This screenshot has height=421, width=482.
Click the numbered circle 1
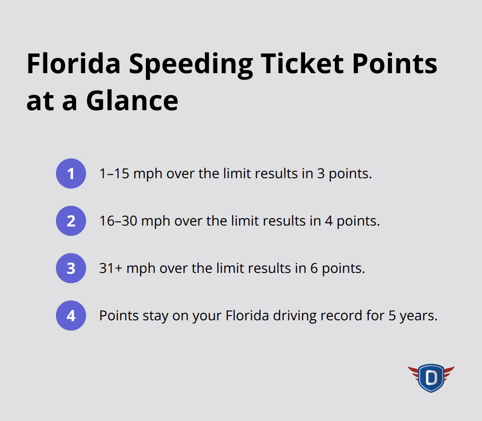tap(71, 173)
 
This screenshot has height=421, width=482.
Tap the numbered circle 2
tap(71, 221)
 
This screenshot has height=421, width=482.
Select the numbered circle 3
tap(71, 268)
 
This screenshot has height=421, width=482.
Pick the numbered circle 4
tap(71, 316)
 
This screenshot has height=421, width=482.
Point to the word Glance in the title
tap(132, 100)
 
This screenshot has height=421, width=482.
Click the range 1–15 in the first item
tap(114, 173)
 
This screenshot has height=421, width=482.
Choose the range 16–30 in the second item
tap(118, 221)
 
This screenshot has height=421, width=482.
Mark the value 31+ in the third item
tap(111, 268)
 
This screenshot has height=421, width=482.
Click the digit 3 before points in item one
tap(321, 173)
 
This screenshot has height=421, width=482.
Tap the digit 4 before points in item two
tap(330, 221)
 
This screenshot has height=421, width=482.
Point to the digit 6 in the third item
tap(314, 268)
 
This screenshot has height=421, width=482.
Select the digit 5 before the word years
tap(392, 316)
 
